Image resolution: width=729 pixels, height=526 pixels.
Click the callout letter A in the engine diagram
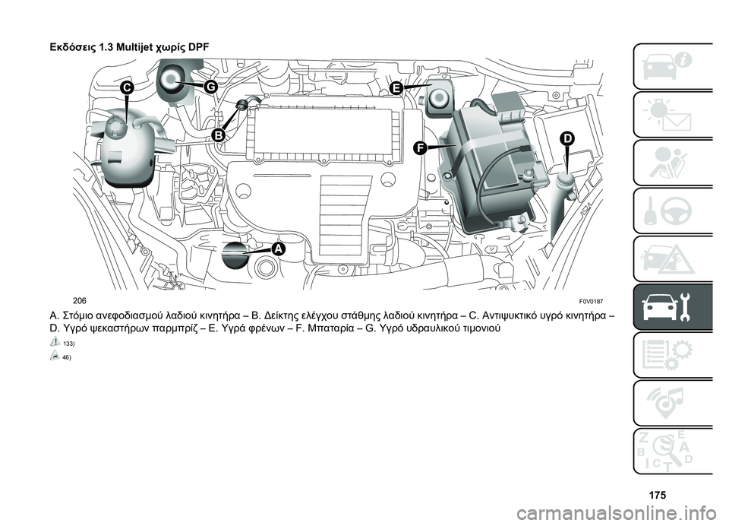tap(278, 249)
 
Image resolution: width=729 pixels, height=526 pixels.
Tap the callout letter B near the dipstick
tap(219, 135)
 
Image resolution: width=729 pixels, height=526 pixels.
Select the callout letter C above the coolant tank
tap(126, 87)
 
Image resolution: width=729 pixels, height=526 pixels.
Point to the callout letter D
tap(567, 138)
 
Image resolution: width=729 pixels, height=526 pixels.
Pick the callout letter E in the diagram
tap(396, 88)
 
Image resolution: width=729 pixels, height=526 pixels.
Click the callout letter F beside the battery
tap(420, 148)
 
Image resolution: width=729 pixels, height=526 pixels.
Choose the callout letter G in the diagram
tap(210, 87)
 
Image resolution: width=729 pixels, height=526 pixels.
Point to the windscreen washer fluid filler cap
tap(564, 179)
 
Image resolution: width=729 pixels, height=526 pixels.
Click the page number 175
tap(657, 495)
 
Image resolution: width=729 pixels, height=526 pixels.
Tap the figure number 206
tap(79, 301)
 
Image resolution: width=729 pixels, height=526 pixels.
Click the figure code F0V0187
tap(591, 301)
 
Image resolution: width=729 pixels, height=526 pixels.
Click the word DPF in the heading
tap(197, 47)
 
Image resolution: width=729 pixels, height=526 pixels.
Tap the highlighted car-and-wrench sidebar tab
tap(673, 307)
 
